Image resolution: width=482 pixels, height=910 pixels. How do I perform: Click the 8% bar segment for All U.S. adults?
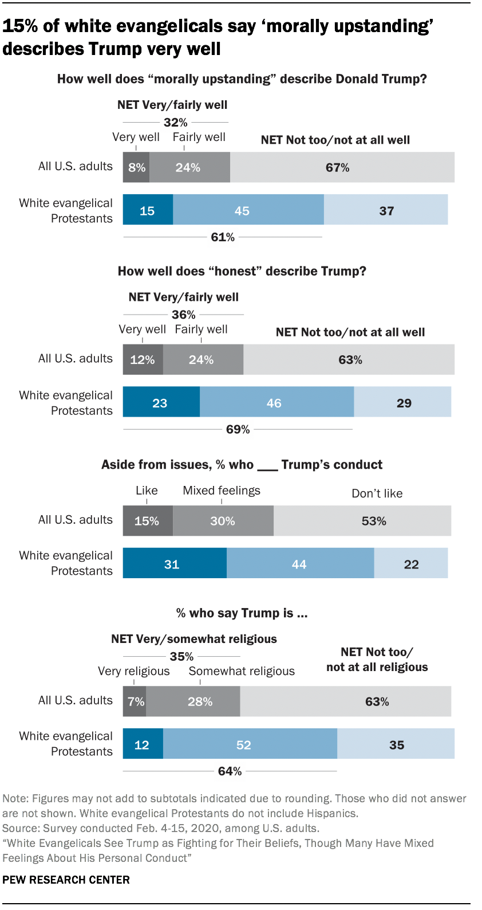[136, 167]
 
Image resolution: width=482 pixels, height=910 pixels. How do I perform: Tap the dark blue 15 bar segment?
[148, 210]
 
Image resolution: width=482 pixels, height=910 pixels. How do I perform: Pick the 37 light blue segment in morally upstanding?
[386, 210]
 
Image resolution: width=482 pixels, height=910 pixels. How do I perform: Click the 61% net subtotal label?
[223, 237]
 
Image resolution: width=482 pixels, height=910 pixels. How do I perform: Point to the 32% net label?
[175, 122]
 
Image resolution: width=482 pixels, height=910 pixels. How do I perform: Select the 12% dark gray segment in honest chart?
[143, 359]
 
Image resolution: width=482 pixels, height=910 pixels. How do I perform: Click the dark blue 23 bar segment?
[160, 402]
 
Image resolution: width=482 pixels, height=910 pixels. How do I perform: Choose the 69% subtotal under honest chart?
[238, 429]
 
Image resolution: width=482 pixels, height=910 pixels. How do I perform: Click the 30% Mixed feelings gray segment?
[223, 520]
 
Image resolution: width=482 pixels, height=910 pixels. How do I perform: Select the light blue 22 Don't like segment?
[411, 564]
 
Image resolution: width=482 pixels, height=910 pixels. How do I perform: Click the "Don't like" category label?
[377, 493]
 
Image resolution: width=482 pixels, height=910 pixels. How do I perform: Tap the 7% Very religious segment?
[135, 701]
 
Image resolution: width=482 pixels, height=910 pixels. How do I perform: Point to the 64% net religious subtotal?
[230, 771]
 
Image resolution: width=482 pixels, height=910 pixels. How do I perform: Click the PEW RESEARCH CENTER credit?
[66, 880]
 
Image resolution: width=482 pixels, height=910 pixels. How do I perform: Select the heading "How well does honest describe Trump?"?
[242, 271]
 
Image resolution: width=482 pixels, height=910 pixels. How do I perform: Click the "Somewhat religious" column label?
[242, 671]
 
